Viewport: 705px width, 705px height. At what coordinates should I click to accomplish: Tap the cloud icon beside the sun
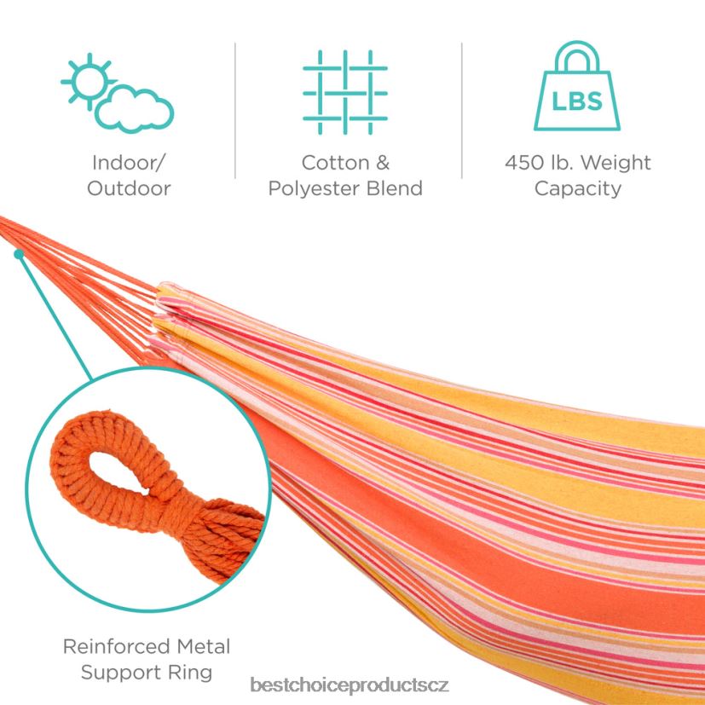(x=136, y=109)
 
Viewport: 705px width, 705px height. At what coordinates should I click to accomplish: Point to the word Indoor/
(x=129, y=163)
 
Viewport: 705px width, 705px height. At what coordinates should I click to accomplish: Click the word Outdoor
(x=129, y=188)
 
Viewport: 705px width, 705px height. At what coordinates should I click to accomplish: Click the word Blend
(x=396, y=188)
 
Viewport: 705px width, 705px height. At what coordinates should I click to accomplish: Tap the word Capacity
(x=577, y=188)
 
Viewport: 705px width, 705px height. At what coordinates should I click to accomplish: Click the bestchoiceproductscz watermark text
(x=350, y=685)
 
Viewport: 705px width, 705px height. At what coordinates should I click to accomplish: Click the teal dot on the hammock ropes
(x=18, y=252)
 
